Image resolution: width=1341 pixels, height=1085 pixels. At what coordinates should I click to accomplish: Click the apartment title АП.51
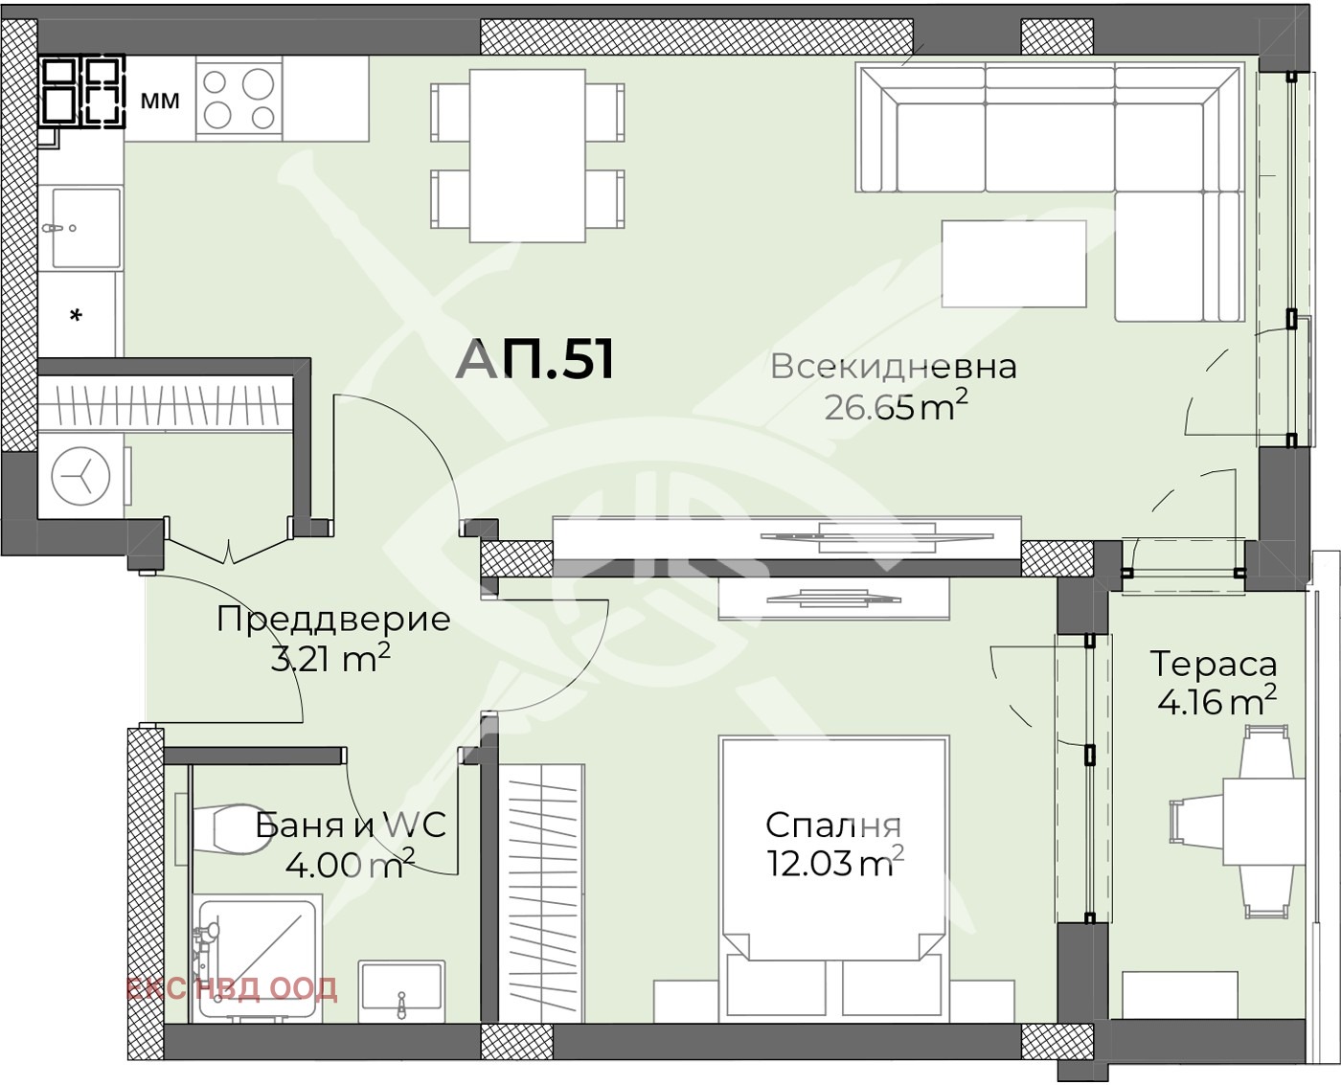point(534,359)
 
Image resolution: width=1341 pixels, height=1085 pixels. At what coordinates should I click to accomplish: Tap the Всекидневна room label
point(893,367)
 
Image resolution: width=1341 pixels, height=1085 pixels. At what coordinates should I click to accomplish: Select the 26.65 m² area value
point(896,407)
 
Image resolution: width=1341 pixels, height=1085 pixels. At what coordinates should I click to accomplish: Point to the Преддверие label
point(333,620)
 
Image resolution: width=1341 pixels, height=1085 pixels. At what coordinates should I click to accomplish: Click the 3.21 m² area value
point(330,658)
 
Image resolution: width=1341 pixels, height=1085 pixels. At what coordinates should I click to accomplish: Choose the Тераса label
point(1214,664)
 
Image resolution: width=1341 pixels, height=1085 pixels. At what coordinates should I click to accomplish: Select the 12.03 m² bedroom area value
point(834,864)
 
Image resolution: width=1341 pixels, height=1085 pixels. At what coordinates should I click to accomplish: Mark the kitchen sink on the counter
point(85,227)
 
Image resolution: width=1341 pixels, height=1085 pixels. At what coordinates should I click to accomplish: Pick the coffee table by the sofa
point(1013,264)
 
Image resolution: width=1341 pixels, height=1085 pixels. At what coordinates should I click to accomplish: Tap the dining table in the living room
point(527,156)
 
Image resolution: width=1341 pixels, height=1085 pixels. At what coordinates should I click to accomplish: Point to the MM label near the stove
point(160,101)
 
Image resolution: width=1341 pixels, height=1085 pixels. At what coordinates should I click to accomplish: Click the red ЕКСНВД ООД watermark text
point(232,988)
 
